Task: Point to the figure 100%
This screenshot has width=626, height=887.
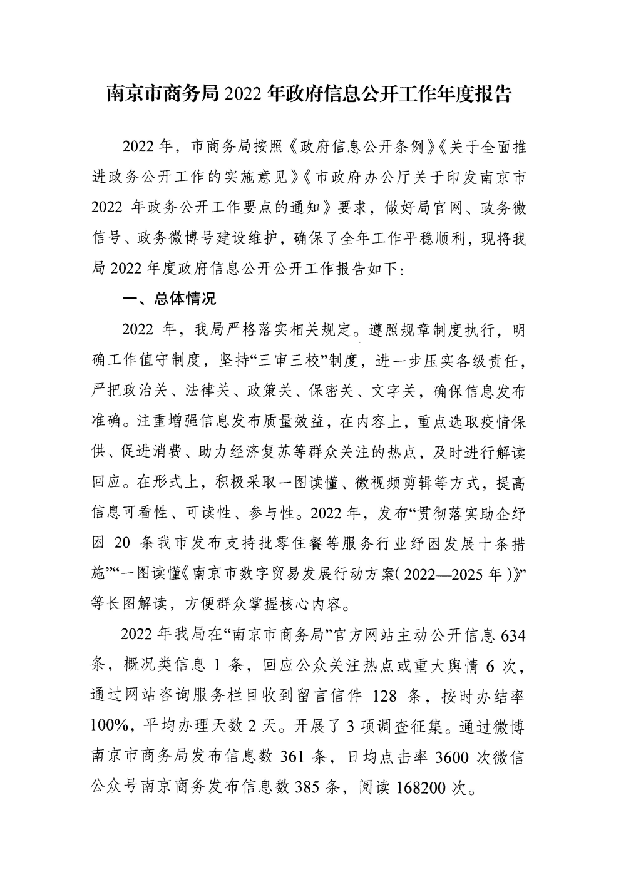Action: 109,726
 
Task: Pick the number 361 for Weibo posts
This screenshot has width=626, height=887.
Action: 293,756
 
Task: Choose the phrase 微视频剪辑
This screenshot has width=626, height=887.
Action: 394,483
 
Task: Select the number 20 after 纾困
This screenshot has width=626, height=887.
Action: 123,543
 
